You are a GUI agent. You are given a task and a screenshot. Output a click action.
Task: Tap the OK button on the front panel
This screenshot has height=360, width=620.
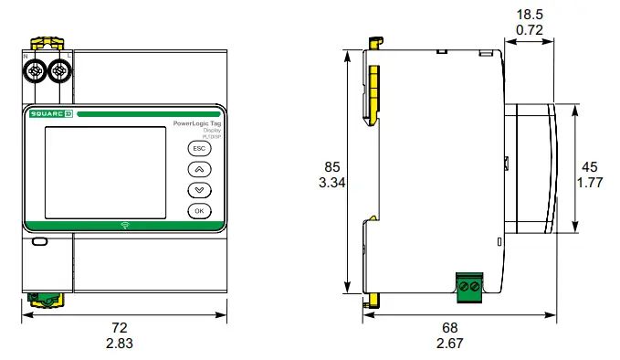click(x=199, y=211)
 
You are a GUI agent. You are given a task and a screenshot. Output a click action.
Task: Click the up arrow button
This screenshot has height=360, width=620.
click(x=199, y=169)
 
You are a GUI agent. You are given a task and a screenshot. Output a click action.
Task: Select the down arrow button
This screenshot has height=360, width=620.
click(x=199, y=190)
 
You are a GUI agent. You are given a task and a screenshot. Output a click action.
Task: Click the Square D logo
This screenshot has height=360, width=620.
click(x=50, y=114)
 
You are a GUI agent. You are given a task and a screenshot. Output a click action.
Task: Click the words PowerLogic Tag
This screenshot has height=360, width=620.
click(x=196, y=122)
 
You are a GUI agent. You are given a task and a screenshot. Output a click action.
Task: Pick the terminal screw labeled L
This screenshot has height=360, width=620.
click(x=61, y=70)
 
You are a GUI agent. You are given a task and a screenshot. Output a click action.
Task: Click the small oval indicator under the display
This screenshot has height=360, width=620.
click(x=39, y=242)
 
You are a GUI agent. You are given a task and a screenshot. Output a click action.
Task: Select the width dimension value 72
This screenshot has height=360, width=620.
click(x=119, y=327)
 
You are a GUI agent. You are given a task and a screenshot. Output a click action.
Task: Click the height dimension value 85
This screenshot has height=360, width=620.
click(x=331, y=167)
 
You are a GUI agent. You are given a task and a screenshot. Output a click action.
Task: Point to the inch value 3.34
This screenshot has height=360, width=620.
click(x=331, y=183)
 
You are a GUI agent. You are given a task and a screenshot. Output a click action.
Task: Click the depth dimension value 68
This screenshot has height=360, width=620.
click(x=450, y=327)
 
